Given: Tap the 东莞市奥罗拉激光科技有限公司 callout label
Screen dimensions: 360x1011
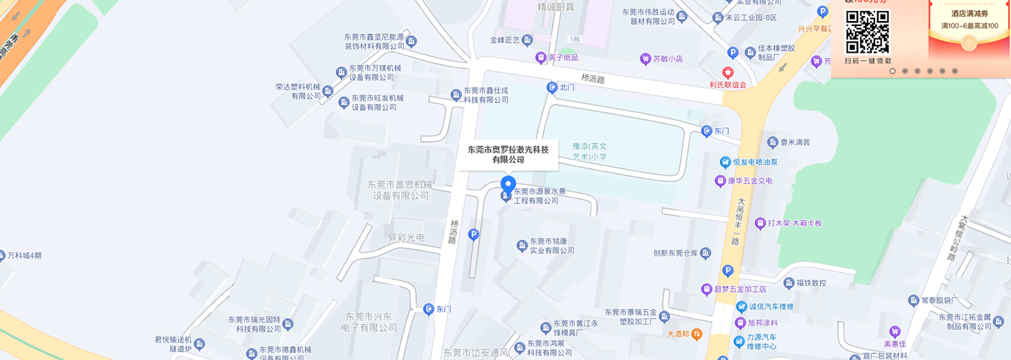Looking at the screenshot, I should point(508,155).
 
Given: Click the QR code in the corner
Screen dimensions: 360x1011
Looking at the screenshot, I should point(867,32).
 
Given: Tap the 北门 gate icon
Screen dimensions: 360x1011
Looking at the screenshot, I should point(551,87).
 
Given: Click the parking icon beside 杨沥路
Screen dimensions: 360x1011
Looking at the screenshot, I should point(474,234).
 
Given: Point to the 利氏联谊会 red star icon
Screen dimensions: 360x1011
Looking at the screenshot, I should point(728,72).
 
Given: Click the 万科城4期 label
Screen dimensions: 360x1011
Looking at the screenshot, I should point(25,255).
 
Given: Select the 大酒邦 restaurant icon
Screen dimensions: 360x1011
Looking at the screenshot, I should point(696,334).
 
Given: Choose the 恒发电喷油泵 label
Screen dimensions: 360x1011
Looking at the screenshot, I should point(753,162).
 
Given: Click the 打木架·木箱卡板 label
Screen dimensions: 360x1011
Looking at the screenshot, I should point(794,223).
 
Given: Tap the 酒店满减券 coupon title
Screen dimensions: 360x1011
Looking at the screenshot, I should point(969,14).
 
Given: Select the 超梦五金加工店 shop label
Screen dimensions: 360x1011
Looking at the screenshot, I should point(740,289).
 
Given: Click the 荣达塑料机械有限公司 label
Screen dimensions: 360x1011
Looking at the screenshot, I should point(297,91).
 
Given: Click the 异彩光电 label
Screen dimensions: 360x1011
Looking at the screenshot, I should point(406,238).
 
